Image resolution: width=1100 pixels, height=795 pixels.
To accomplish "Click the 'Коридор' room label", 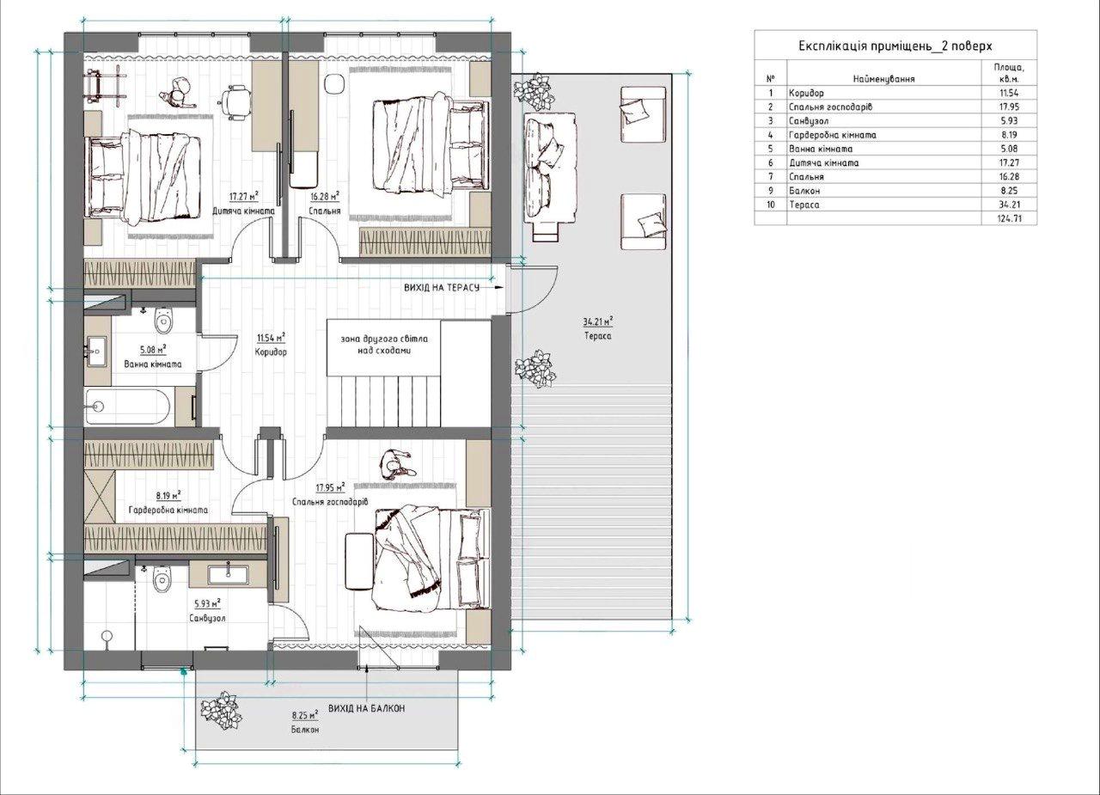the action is [271, 352].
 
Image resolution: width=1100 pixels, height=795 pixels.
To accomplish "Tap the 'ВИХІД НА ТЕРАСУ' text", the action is [442, 288].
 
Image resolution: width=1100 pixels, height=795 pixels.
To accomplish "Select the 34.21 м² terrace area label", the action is [597, 321].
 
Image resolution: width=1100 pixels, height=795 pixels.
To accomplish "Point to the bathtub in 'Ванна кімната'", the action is [128, 407].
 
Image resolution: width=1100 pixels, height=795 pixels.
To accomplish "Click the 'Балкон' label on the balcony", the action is [305, 730].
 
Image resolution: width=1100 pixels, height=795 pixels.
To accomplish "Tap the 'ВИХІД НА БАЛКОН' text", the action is [366, 708].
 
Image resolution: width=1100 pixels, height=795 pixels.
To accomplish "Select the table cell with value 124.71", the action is [1009, 218].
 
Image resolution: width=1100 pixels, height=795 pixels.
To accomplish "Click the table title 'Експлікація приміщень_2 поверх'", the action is [895, 46].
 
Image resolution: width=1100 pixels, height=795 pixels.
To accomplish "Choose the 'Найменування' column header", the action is [883, 78].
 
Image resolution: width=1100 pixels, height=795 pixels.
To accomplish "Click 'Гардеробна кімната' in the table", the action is [833, 135].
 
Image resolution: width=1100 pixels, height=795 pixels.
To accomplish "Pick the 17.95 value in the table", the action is [1010, 107].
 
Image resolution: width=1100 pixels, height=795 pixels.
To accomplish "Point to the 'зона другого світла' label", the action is [384, 339].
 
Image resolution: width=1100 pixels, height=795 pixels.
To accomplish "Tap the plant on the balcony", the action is [221, 711].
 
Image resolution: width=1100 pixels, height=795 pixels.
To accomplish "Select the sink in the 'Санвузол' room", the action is [229, 575].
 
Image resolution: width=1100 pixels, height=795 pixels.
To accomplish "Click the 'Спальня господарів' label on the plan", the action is [330, 502].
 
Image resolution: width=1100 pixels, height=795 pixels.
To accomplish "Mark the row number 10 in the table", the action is [771, 205].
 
